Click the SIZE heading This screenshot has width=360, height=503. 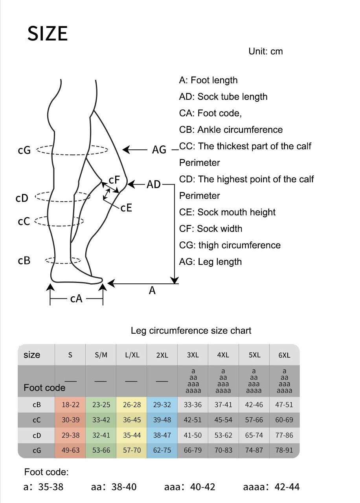48,34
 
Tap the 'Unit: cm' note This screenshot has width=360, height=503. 265,51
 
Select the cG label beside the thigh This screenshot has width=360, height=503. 24,150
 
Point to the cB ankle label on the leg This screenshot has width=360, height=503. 24,261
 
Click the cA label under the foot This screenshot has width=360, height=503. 76,299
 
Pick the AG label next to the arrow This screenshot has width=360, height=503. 159,150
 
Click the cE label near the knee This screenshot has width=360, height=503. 126,207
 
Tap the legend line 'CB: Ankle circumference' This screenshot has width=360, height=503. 231,130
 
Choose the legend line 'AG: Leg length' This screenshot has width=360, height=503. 210,262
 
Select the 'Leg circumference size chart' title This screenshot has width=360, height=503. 191,330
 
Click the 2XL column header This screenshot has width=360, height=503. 162,355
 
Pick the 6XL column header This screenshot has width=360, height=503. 284,355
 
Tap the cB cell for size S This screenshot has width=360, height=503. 70,405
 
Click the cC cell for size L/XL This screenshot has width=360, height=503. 132,420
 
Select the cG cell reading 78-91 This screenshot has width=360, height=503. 284,450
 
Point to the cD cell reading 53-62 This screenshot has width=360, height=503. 223,435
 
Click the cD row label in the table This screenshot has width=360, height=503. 37,435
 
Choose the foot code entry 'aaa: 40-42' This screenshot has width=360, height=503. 190,487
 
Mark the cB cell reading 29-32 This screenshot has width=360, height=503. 162,405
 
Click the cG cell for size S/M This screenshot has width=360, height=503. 101,450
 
